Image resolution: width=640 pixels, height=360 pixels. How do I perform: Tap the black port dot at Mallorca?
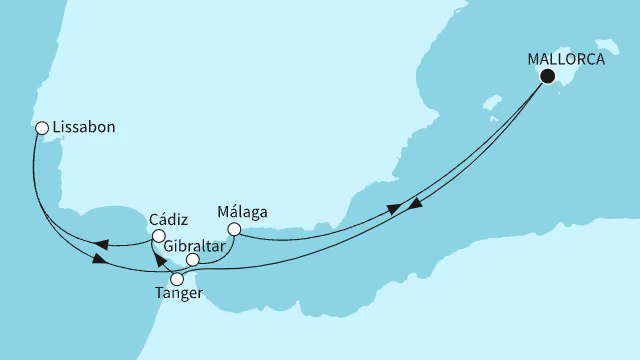(x=547, y=76)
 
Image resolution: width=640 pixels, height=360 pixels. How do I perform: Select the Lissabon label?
(x=83, y=129)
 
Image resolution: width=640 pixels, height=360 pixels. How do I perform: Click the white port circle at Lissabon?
(x=41, y=128)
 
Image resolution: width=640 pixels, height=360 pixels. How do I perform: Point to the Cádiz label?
(x=167, y=217)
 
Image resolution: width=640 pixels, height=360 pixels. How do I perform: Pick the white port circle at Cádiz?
(x=158, y=236)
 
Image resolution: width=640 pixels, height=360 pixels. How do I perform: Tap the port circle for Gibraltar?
(x=193, y=259)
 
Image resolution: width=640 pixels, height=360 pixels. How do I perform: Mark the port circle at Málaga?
(x=233, y=229)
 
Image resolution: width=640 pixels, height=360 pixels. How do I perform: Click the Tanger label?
(x=180, y=293)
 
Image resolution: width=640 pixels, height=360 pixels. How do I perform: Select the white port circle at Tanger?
(x=177, y=277)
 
